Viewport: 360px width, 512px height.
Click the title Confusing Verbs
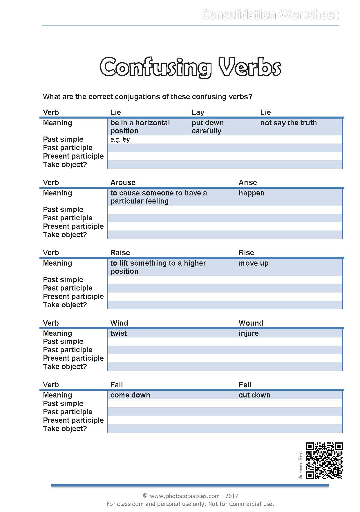click(190, 67)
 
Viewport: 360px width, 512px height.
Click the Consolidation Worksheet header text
click(270, 14)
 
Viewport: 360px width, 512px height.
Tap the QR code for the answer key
click(324, 460)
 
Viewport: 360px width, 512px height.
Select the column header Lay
click(198, 112)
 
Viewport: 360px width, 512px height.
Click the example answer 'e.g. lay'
click(120, 139)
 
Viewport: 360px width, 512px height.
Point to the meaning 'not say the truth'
click(288, 123)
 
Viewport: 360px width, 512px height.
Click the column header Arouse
click(123, 182)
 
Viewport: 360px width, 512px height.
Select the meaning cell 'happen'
click(251, 193)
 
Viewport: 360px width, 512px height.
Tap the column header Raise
click(120, 253)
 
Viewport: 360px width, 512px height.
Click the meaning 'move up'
click(253, 263)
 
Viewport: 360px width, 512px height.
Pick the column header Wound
click(251, 323)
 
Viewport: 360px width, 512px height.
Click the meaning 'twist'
click(119, 333)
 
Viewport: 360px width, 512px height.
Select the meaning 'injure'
click(248, 333)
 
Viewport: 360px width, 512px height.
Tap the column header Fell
click(245, 385)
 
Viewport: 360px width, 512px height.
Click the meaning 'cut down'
click(254, 395)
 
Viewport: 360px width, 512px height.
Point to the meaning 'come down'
click(130, 395)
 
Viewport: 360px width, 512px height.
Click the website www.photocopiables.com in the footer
click(184, 496)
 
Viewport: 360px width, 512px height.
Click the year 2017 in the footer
click(231, 496)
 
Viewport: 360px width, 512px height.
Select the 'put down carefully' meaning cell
click(207, 127)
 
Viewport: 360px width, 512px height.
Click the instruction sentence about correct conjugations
click(147, 97)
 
